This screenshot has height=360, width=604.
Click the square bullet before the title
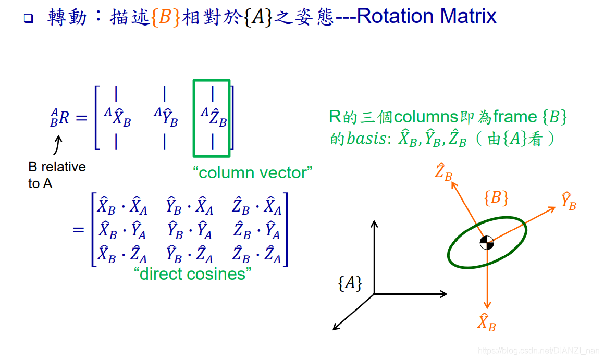click(28, 19)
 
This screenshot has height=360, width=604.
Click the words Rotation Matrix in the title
click(426, 17)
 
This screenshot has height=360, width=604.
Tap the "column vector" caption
click(253, 172)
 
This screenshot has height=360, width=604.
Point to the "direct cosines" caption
click(192, 274)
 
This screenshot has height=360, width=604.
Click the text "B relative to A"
click(56, 175)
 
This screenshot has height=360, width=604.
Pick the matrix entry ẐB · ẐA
click(257, 255)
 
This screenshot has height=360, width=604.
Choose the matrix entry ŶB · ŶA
click(190, 231)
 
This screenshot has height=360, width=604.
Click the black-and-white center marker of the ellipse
click(486, 242)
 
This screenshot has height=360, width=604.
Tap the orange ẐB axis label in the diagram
click(443, 171)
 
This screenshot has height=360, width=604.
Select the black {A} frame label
click(350, 283)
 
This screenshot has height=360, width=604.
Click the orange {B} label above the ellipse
click(496, 198)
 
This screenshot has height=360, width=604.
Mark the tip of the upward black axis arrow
click(374, 221)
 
